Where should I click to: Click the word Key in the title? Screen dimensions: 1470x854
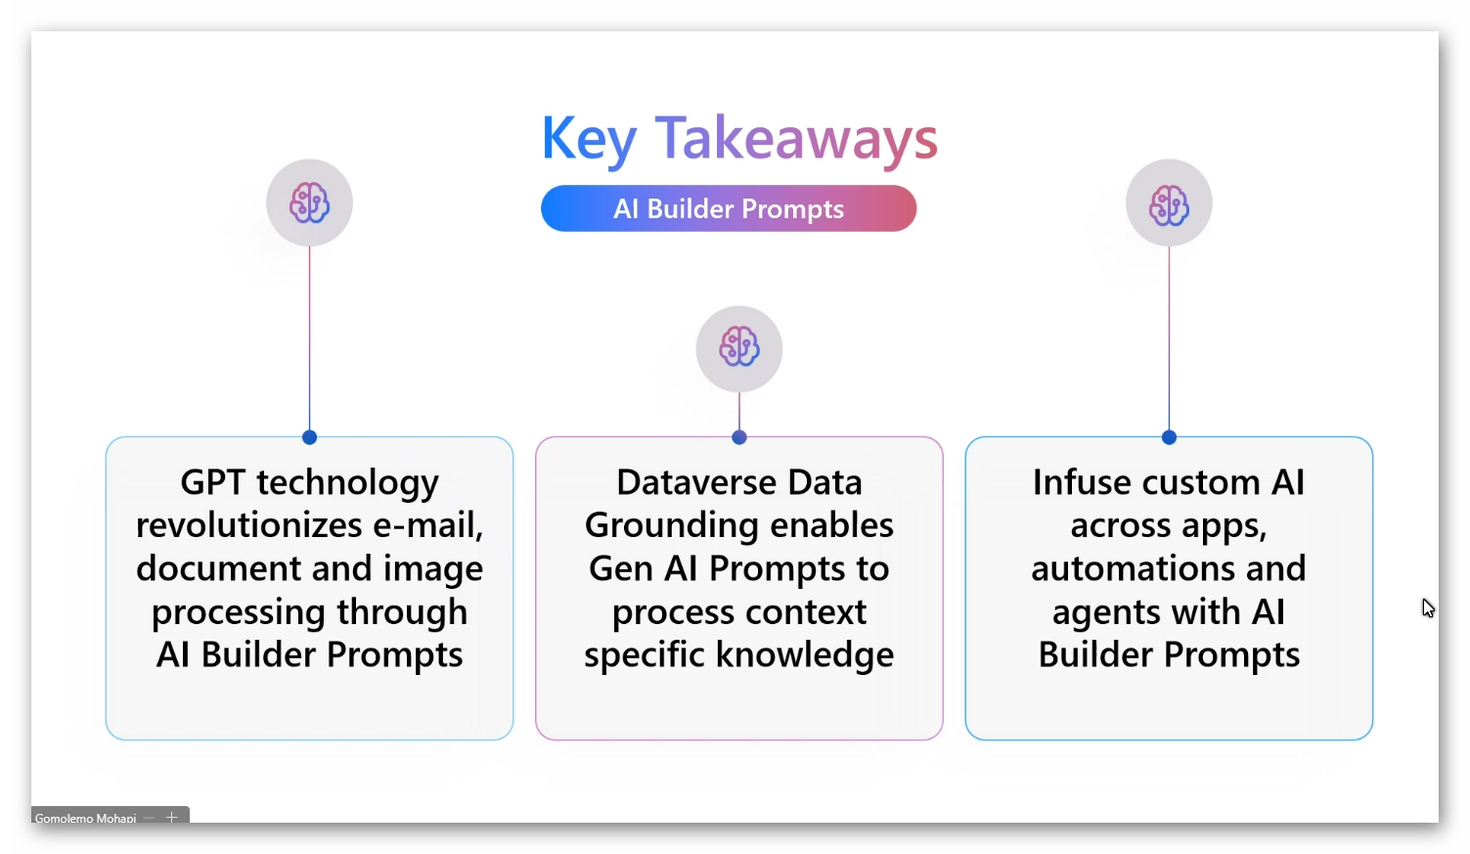click(589, 140)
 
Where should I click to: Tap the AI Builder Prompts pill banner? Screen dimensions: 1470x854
click(729, 208)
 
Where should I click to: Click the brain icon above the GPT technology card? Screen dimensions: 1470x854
click(309, 202)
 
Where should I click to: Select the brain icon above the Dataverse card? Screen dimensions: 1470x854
click(739, 346)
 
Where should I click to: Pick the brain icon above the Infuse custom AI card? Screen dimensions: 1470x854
click(1169, 204)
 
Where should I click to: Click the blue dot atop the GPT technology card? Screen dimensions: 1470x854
click(310, 437)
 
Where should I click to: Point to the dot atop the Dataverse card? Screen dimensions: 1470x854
click(739, 437)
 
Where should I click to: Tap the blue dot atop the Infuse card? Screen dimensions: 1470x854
click(1169, 437)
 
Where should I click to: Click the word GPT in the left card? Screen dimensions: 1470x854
click(213, 482)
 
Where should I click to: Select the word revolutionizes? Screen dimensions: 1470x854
click(248, 525)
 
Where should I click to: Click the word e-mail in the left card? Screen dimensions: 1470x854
click(427, 525)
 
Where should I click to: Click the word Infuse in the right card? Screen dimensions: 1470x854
click(1082, 482)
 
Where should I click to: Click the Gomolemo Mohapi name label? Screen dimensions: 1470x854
click(85, 818)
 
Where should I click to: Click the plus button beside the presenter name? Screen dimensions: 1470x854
click(171, 817)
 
